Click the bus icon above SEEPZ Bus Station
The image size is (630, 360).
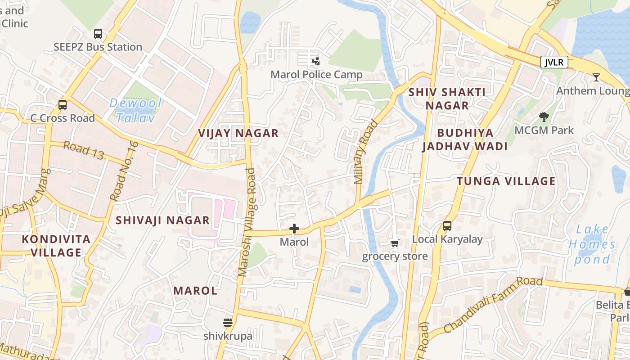coord(98,34)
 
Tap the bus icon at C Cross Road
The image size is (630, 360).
coord(63,105)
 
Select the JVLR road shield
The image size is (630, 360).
coord(554,62)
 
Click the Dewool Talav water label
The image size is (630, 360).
coord(135,111)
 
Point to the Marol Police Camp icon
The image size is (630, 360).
coord(316,61)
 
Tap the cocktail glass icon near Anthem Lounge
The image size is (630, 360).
coord(596,77)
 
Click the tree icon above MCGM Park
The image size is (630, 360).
coord(544,117)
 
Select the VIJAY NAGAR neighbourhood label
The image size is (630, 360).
coord(238,133)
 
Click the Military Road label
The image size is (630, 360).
coord(365,152)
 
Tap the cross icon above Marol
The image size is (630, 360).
coord(294,229)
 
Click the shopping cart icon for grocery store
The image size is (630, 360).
coord(395,243)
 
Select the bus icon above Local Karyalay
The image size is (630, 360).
coord(447,226)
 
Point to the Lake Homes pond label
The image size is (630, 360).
coord(592,244)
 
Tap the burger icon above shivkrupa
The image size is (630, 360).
coord(228,323)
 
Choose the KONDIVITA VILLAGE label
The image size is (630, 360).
coord(56,246)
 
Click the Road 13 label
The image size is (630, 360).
coord(84,150)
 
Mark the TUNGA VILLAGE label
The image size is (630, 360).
coord(506,181)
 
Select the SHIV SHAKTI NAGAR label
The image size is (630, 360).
coord(447,99)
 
